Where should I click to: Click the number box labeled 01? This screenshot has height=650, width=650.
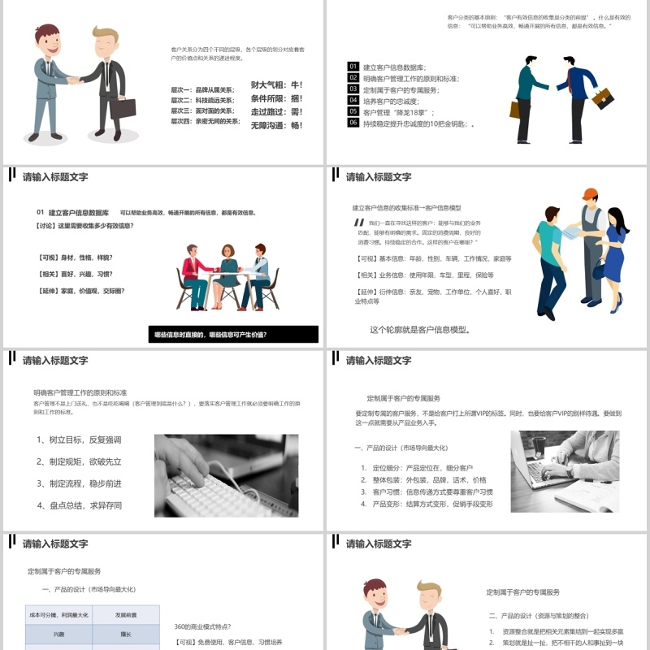353,67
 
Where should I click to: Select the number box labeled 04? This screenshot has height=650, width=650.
353,101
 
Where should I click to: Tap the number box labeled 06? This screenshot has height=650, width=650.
353,123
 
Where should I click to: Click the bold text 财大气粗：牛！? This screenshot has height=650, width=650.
276,84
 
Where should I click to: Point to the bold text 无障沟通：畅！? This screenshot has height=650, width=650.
276,126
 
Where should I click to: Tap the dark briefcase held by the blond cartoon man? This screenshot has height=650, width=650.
123,107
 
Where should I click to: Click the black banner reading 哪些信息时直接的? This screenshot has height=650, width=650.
235,334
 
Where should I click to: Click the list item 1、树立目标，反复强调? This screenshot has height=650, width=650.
79,440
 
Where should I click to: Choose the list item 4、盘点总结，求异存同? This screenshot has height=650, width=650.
79,505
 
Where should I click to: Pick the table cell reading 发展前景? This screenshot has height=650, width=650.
125,615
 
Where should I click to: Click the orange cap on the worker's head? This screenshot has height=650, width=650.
590,195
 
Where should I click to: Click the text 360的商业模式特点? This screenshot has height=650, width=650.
203,626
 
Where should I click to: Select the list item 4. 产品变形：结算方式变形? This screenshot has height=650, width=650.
427,505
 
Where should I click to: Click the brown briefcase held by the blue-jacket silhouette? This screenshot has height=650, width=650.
602,99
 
